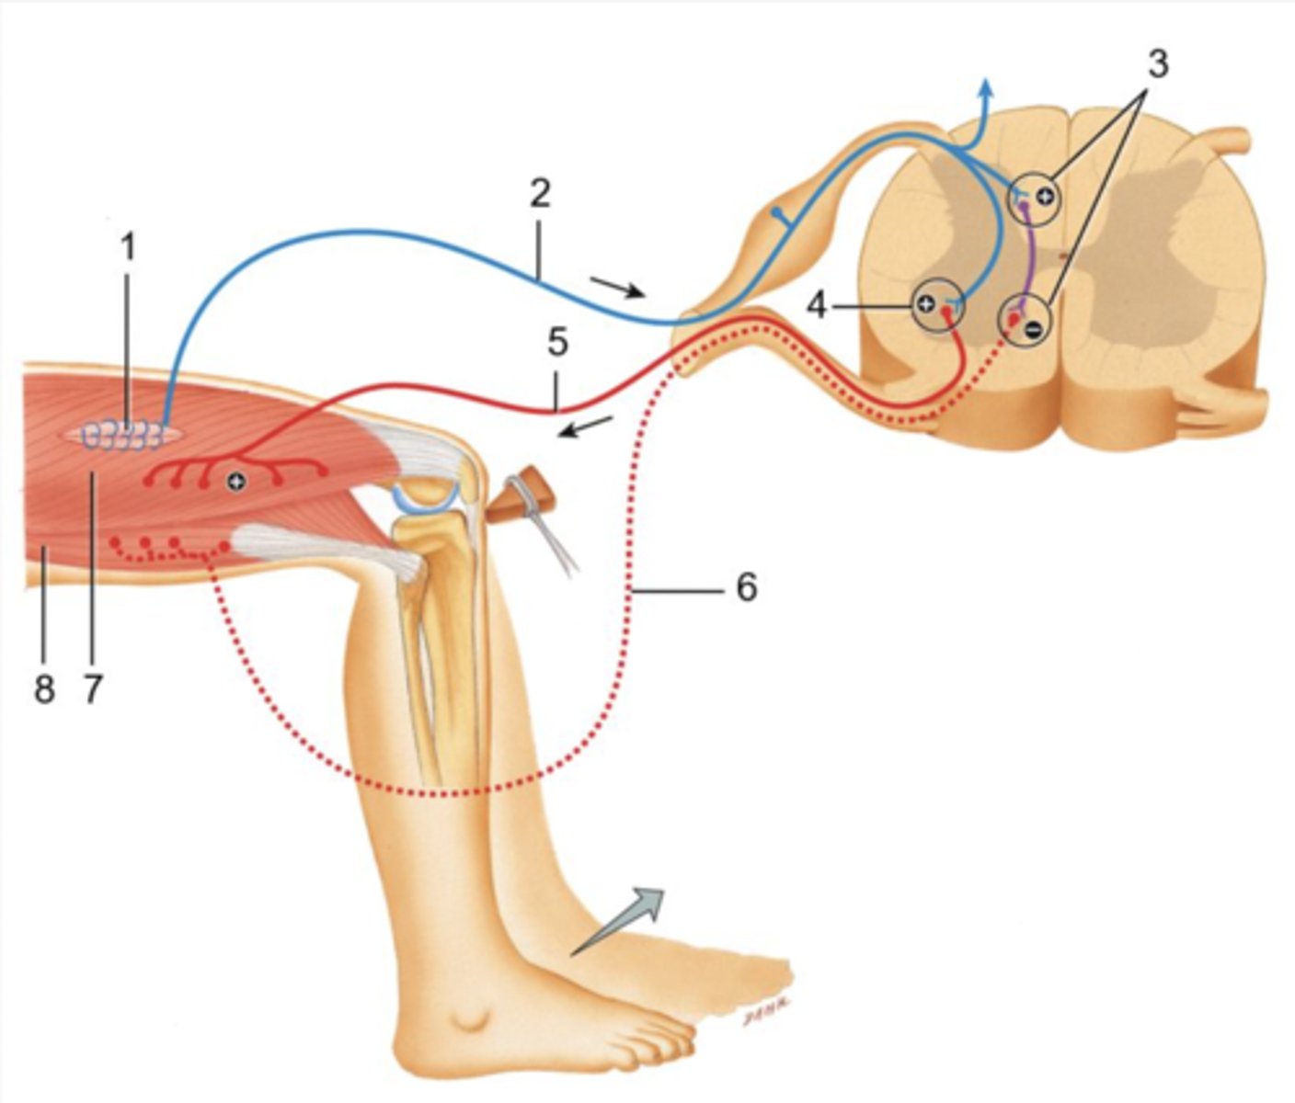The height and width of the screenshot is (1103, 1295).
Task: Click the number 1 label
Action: [x=128, y=246]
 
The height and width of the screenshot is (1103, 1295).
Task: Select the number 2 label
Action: [x=539, y=193]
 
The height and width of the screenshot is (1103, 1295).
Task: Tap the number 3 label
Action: [x=1157, y=64]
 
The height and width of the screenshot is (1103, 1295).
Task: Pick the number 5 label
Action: [x=557, y=342]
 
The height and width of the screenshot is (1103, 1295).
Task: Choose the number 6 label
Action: [x=746, y=586]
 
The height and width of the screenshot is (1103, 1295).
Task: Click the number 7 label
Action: [x=92, y=687]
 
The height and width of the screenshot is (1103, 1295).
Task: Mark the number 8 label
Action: [x=44, y=687]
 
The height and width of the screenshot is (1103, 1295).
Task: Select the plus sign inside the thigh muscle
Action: [x=236, y=481]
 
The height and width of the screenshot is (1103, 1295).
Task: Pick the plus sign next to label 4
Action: [x=926, y=303]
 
